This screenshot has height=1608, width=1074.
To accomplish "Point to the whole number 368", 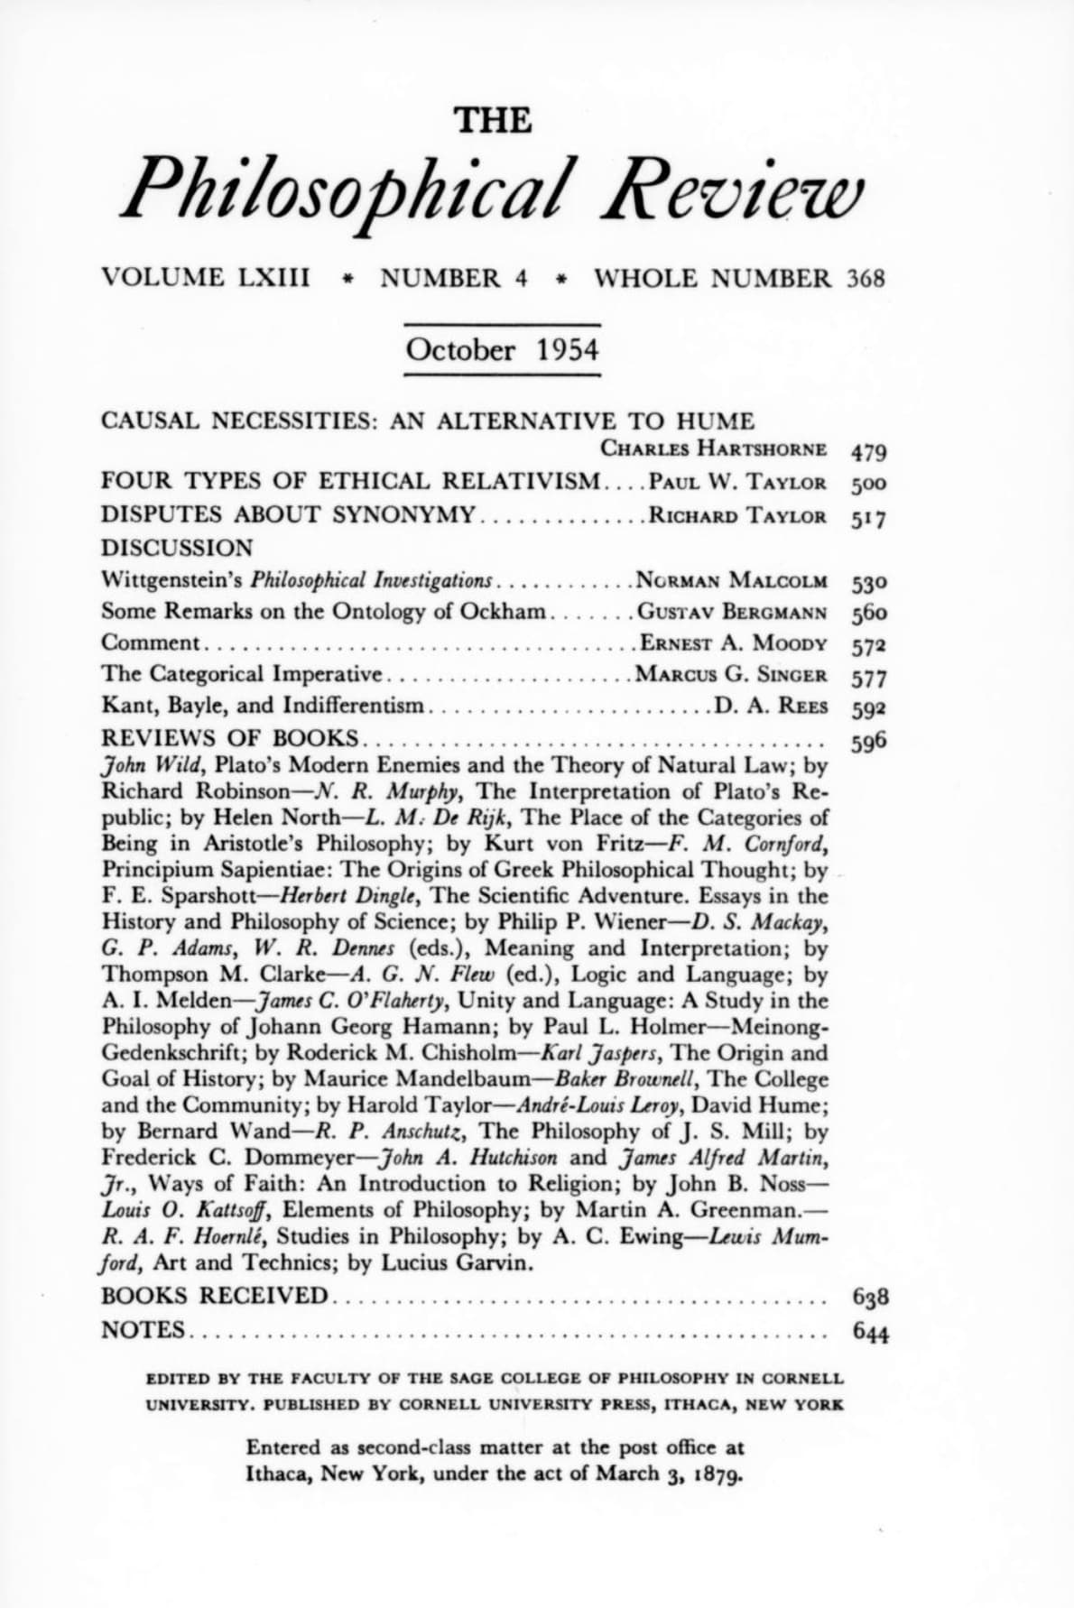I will tap(866, 278).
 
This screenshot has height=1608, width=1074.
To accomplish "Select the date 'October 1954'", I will tap(503, 349).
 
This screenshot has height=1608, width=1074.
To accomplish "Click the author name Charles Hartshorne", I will tap(713, 448).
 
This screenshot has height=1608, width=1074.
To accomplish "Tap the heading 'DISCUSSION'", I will tap(178, 548).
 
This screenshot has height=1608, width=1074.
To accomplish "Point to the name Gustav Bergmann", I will tap(732, 613).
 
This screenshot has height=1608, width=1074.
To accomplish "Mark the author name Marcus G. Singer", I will tap(731, 675).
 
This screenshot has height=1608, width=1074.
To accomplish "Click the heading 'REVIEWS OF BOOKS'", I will tap(231, 737).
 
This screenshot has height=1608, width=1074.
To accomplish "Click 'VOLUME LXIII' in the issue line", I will tap(207, 278).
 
